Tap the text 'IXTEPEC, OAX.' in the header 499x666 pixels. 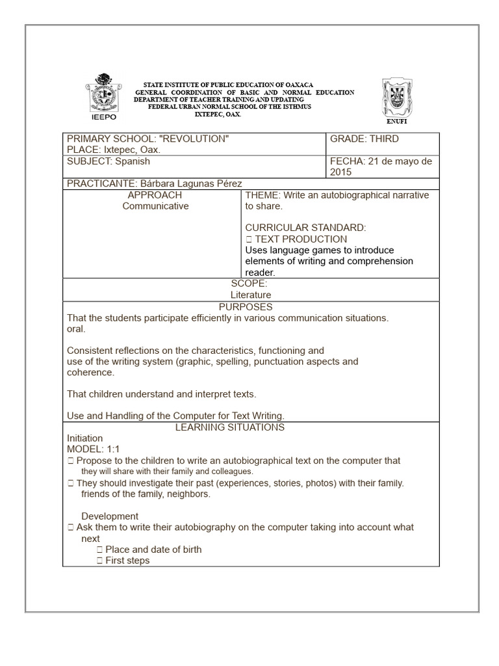(x=218, y=114)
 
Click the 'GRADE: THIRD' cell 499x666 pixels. (x=365, y=139)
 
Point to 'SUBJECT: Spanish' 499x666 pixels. (x=109, y=161)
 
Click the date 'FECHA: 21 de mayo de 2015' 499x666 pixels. (x=381, y=166)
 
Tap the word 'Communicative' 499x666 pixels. (x=155, y=206)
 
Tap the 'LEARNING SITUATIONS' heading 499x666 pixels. (x=230, y=427)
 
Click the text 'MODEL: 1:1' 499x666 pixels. (x=94, y=449)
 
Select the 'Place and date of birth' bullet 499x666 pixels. (x=153, y=550)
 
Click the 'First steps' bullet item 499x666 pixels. (x=127, y=561)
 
